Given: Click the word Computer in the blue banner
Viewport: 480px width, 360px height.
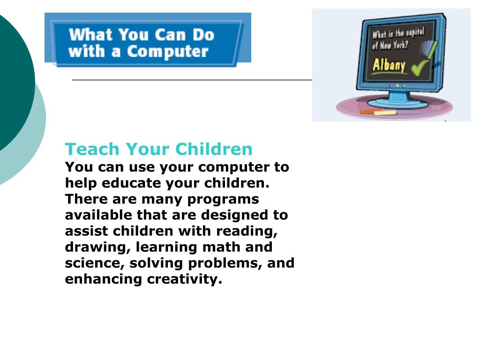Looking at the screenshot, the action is click(x=168, y=52).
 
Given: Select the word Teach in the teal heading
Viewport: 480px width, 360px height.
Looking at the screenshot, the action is click(x=92, y=149).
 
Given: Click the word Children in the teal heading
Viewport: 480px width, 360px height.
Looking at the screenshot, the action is click(x=214, y=149).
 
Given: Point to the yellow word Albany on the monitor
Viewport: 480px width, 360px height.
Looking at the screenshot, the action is click(x=389, y=65).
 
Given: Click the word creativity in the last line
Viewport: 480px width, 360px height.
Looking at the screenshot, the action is click(x=185, y=279).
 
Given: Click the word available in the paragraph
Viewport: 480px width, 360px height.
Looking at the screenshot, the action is click(x=98, y=215).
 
